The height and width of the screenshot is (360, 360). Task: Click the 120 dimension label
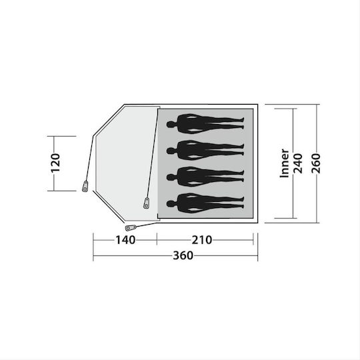[55, 163]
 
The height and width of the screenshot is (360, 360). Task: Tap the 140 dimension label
[125, 240]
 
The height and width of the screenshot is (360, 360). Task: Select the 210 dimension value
[202, 240]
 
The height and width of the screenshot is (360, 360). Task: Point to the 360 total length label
[183, 255]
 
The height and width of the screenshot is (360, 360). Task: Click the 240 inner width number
[298, 163]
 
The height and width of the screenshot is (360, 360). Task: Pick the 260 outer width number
[316, 163]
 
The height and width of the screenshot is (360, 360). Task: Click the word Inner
[285, 163]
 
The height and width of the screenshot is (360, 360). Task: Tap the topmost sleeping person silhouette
[205, 124]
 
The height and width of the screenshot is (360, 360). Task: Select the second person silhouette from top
[205, 150]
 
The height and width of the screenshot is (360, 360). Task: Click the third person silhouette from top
[205, 177]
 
